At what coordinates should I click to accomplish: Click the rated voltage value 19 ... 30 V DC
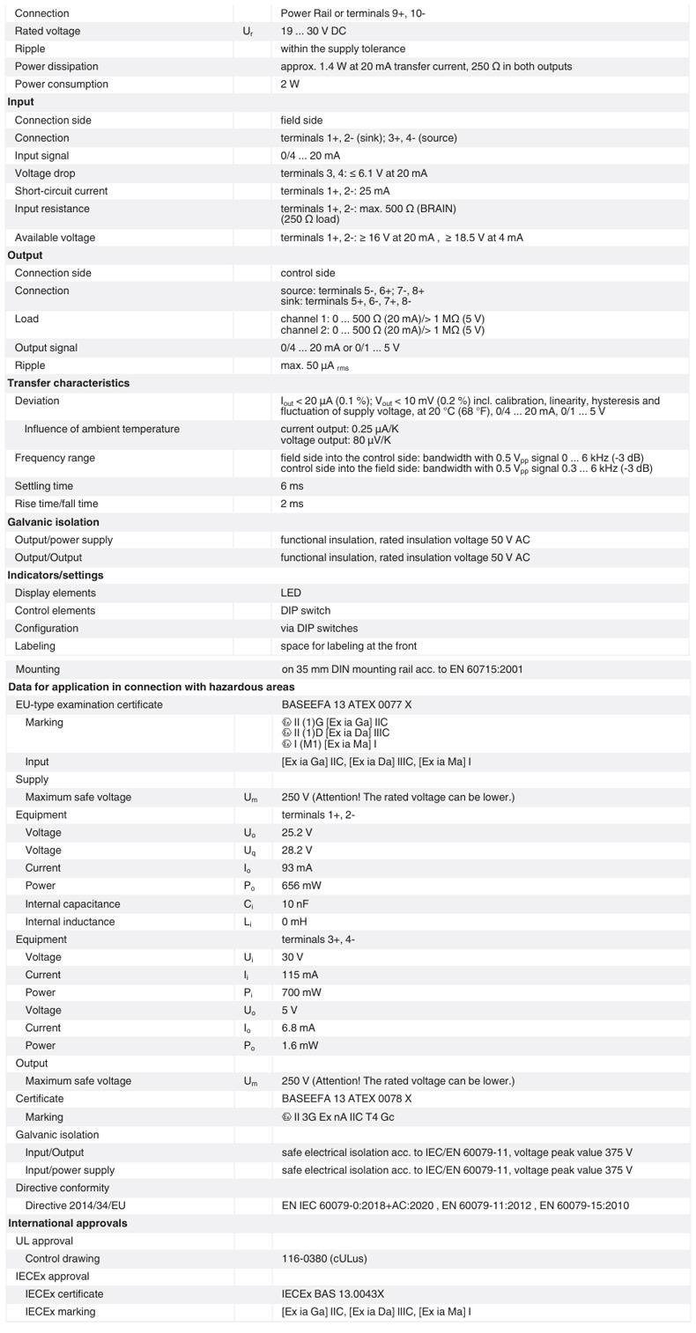point(316,31)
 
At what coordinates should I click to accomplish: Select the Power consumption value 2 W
point(290,85)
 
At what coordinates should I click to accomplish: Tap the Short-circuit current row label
point(61,191)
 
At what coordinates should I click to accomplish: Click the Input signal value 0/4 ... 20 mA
point(310,156)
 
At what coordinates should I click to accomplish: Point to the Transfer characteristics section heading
point(68,383)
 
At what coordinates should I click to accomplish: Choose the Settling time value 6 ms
point(292,486)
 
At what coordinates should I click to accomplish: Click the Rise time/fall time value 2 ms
point(292,504)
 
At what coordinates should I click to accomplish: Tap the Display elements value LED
point(291,593)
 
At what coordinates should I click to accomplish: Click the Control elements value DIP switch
point(306,611)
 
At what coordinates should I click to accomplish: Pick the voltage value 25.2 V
point(297,833)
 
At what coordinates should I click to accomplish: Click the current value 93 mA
point(297,868)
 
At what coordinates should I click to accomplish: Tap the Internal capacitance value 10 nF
point(296,904)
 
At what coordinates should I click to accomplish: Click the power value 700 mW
point(301,992)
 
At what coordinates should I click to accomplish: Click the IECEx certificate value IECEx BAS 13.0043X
point(333,1294)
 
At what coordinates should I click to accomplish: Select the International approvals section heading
point(68,1223)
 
